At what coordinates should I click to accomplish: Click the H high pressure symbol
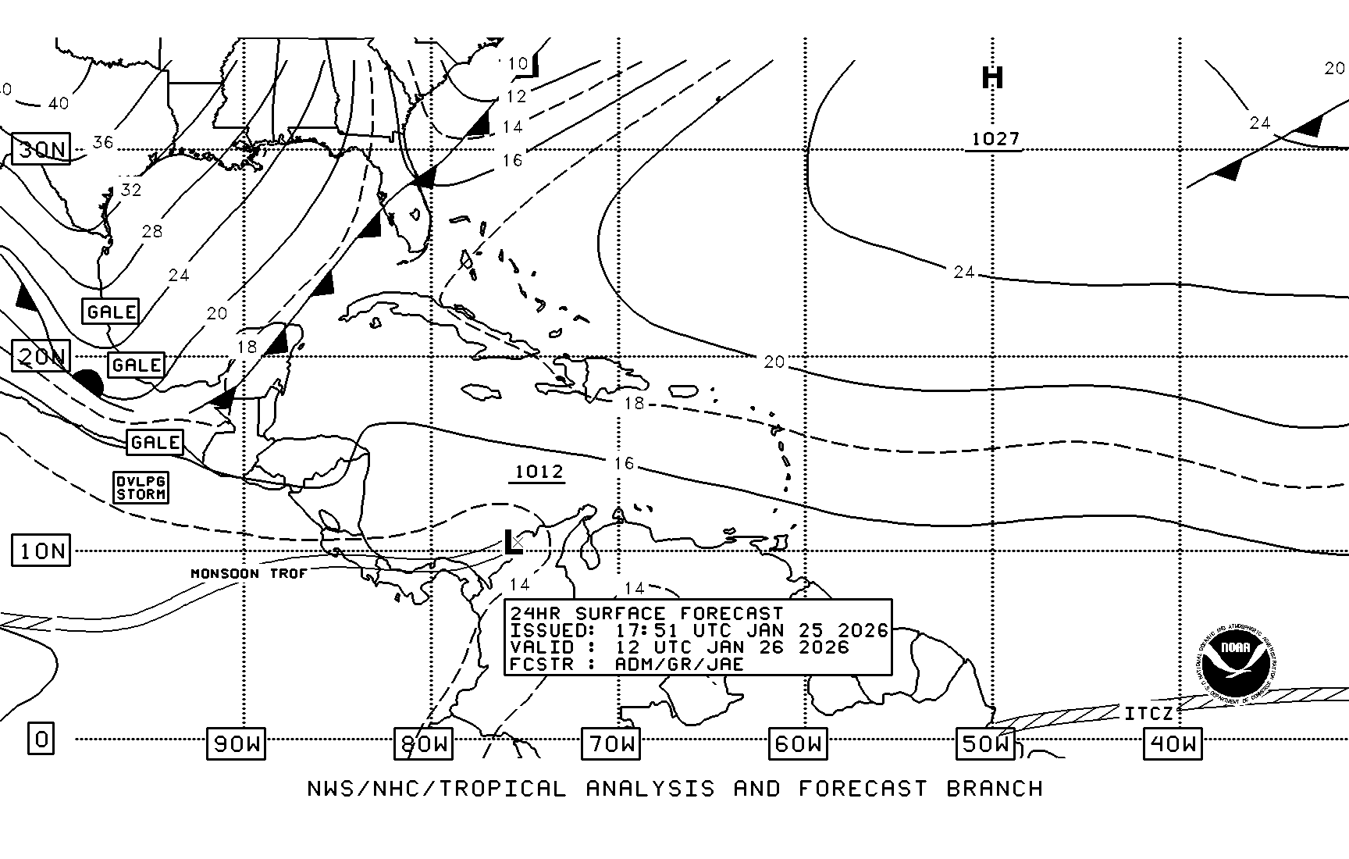(991, 77)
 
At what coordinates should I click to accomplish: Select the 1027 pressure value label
(995, 139)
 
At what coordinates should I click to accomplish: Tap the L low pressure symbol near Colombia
(512, 542)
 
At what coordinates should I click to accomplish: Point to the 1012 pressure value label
(539, 472)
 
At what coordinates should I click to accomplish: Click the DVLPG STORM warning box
(141, 487)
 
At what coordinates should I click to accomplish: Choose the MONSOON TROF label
(248, 573)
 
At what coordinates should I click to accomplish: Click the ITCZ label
(1148, 714)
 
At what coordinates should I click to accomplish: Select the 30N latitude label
(41, 148)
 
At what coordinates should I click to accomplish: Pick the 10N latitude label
(41, 551)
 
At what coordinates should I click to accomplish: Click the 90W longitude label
(236, 743)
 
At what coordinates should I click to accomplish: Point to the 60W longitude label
(798, 743)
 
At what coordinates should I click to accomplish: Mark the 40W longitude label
(1173, 743)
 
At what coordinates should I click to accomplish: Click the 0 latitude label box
(41, 738)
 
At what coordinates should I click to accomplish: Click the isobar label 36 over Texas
(103, 142)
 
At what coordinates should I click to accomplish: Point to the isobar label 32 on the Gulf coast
(130, 190)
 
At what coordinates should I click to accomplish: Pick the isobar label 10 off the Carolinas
(518, 63)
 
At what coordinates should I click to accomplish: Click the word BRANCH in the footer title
(995, 789)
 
